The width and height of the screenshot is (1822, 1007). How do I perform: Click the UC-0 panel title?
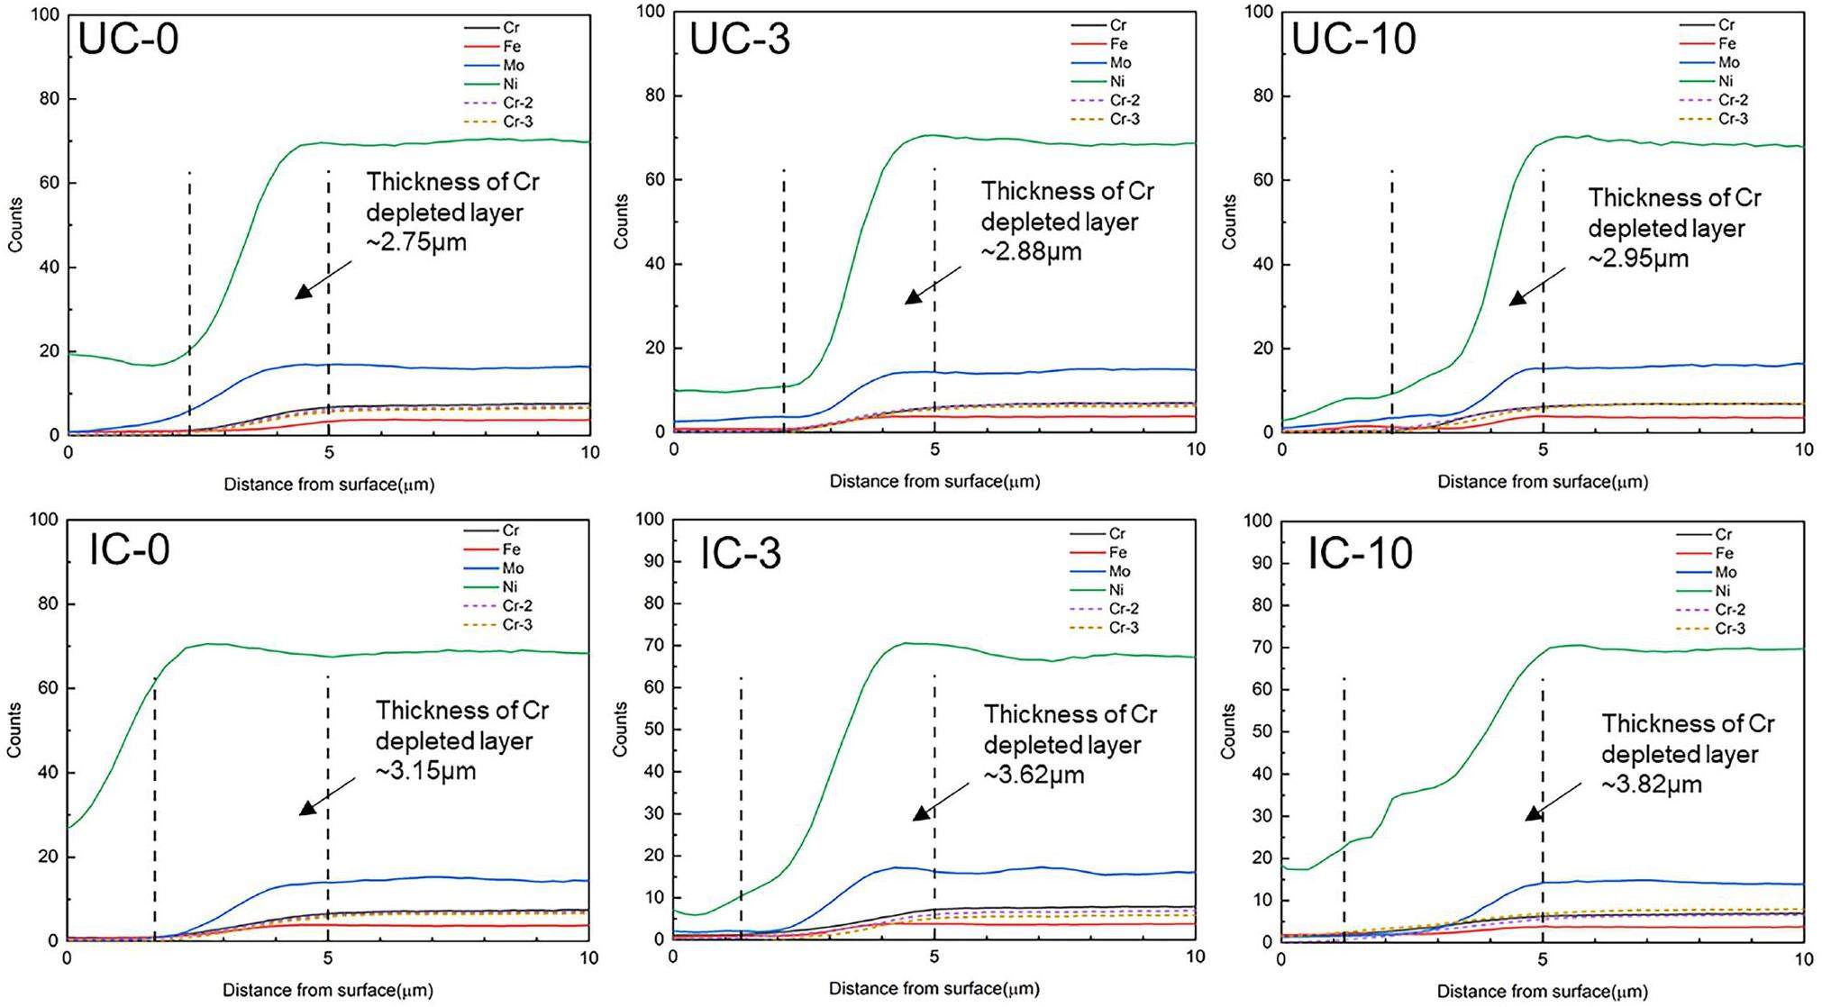tap(128, 40)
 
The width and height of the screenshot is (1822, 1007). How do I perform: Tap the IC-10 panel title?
tap(1360, 552)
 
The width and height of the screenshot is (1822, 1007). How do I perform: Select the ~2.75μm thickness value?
tap(416, 243)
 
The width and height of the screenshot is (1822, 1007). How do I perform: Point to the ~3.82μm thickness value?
tap(1652, 785)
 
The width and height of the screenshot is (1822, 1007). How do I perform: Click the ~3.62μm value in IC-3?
tap(1034, 775)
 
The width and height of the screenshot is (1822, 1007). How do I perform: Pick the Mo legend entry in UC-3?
tap(1120, 63)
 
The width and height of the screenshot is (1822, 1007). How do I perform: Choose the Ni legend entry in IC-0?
tap(510, 587)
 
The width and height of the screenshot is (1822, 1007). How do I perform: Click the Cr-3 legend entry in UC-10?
tap(1733, 119)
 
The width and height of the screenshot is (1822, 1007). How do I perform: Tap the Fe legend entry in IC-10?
tap(1724, 554)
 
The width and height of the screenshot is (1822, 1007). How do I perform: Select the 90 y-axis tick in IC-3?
tap(654, 561)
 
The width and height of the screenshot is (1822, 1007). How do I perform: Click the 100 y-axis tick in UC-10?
tap(1259, 12)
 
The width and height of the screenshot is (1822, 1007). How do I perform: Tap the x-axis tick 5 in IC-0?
tap(328, 958)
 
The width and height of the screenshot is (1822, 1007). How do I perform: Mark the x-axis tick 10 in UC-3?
tap(1196, 449)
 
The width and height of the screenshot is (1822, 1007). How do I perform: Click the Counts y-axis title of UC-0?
tap(15, 225)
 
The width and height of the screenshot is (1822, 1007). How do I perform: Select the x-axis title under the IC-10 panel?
tap(1542, 991)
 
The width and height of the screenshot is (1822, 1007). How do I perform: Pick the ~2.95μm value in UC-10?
tap(1638, 259)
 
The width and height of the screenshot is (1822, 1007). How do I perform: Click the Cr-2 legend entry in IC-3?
tap(1124, 609)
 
